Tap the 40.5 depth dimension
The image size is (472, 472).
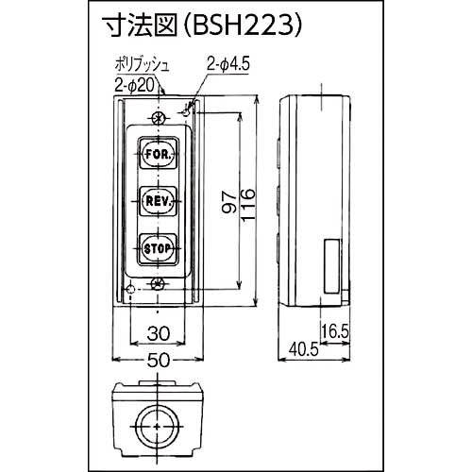pos(300,348)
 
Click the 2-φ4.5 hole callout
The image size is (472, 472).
pos(225,64)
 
